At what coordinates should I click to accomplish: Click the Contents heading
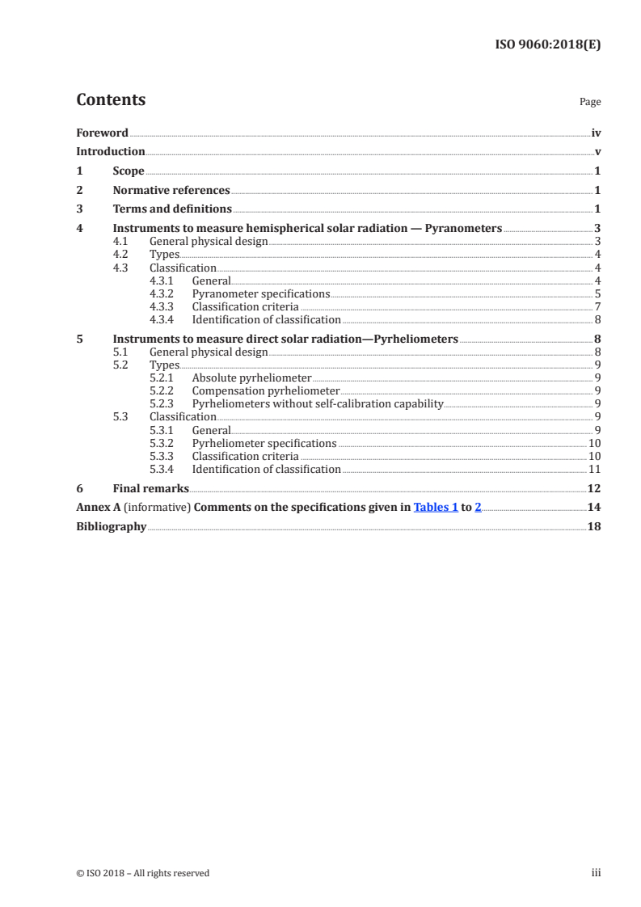pos(111,100)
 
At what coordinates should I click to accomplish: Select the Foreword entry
pos(102,133)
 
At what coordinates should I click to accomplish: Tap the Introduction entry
pos(110,151)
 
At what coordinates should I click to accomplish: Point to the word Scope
pos(129,171)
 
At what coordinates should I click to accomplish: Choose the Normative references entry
pos(171,191)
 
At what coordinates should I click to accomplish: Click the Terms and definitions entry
pos(172,209)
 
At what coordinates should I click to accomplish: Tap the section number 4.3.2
pos(162,293)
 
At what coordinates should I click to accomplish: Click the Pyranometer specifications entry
pos(261,293)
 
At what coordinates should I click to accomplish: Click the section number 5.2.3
pos(162,403)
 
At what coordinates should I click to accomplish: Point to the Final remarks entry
pos(150,488)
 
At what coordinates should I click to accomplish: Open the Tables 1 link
pos(436,507)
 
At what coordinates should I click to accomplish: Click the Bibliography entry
pos(111,526)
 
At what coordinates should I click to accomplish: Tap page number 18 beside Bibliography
pos(594,526)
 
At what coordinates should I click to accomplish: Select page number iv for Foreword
pos(595,133)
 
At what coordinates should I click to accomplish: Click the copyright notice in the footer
pos(142,873)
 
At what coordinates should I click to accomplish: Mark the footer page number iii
pos(597,873)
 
